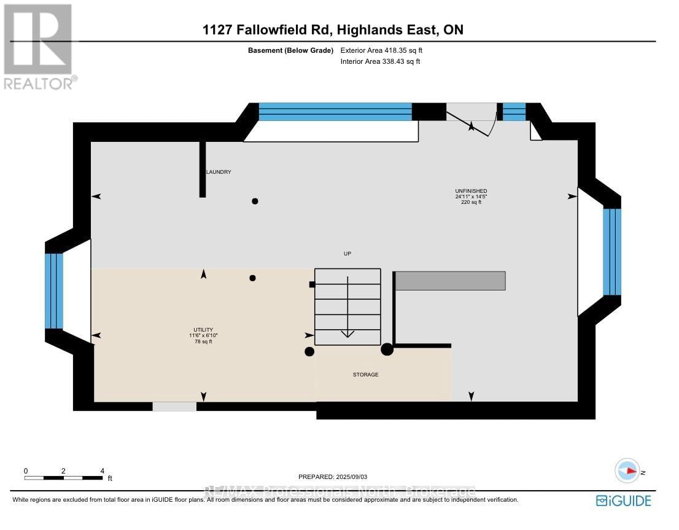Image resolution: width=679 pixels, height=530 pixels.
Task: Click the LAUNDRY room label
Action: tap(219, 172)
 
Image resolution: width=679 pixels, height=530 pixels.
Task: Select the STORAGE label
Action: tap(365, 375)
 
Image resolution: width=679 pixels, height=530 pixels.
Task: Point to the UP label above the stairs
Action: tap(347, 254)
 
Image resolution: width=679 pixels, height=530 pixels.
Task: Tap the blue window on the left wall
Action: tap(54, 290)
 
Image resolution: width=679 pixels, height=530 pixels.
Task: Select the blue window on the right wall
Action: tap(611, 252)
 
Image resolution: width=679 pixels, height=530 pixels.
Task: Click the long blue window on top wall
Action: tap(335, 111)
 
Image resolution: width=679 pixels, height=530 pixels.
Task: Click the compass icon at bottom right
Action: tap(628, 471)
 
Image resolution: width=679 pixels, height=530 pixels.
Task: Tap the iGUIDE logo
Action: tap(623, 501)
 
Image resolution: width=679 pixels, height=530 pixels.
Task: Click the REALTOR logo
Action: tap(39, 47)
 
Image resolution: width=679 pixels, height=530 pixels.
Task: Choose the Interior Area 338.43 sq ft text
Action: tap(380, 61)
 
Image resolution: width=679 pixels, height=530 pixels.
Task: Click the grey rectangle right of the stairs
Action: tap(450, 281)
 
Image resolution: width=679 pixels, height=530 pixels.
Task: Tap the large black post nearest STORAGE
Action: tap(387, 349)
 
